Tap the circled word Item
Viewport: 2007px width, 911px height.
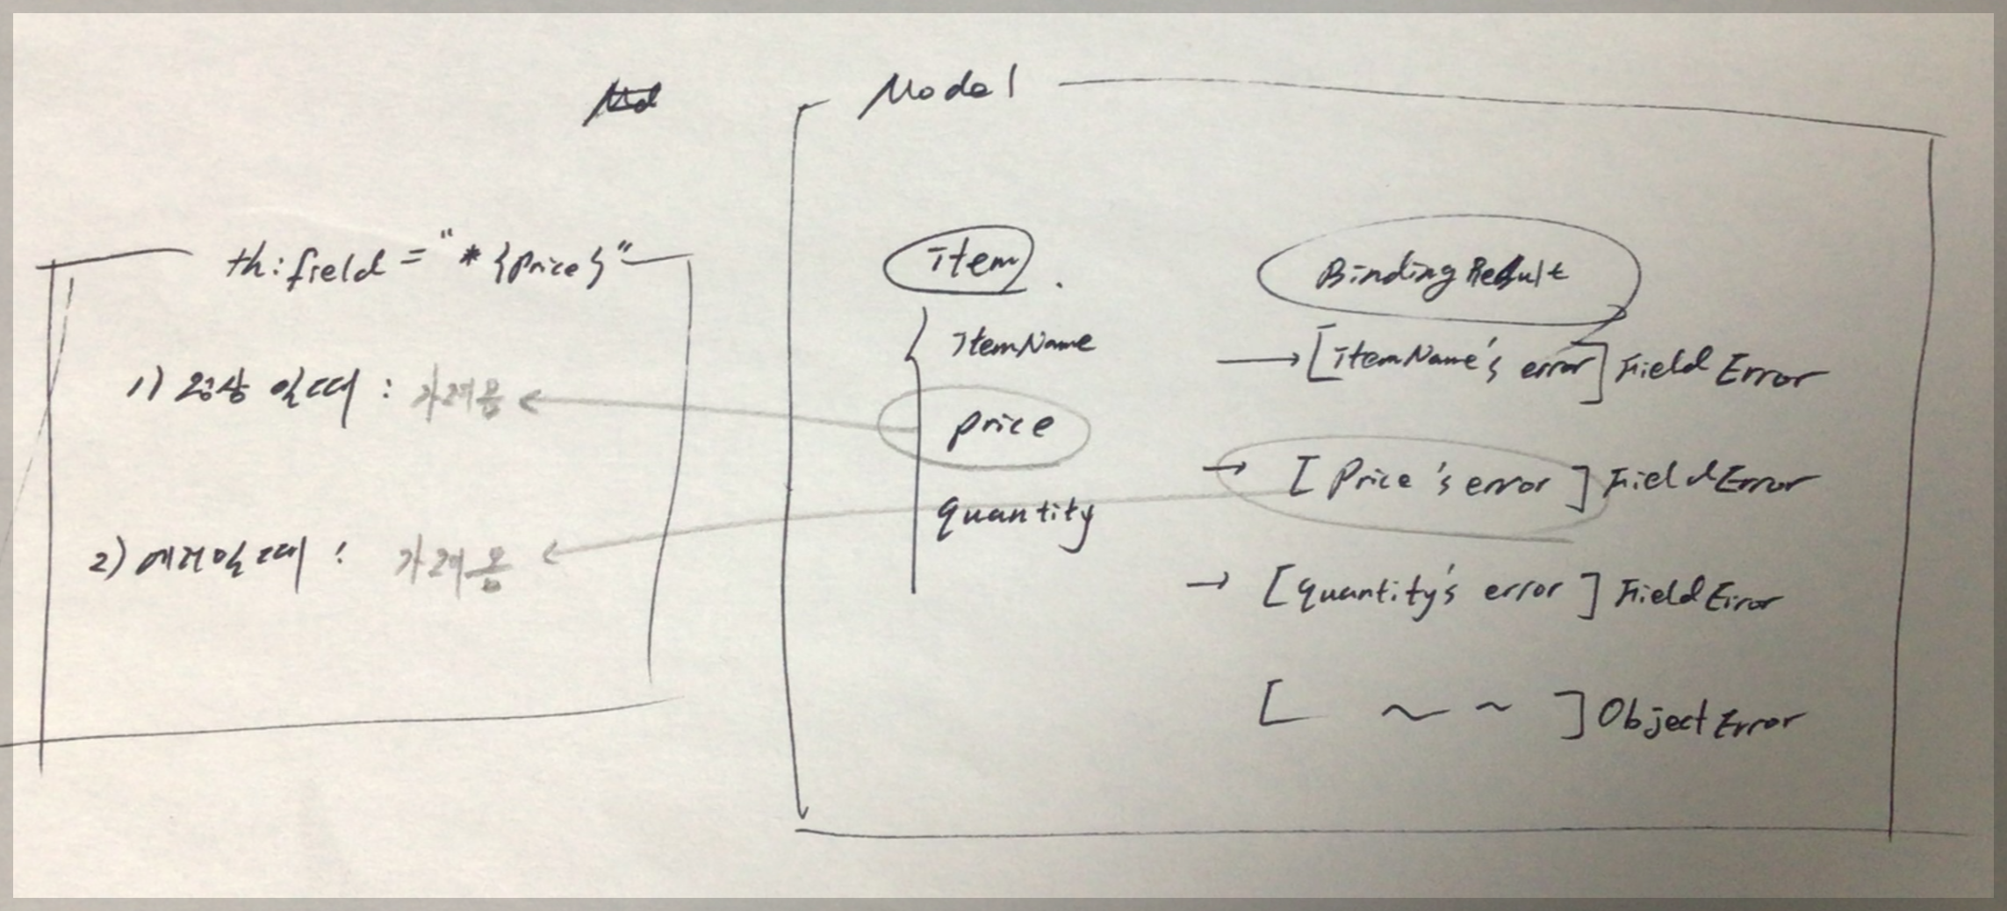click(x=959, y=261)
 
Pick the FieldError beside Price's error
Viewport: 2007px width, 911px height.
click(x=1707, y=484)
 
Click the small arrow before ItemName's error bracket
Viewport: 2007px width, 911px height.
click(x=1257, y=359)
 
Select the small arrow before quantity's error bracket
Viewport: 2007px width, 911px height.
click(x=1208, y=583)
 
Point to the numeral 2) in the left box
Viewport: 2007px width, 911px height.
click(x=109, y=563)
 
